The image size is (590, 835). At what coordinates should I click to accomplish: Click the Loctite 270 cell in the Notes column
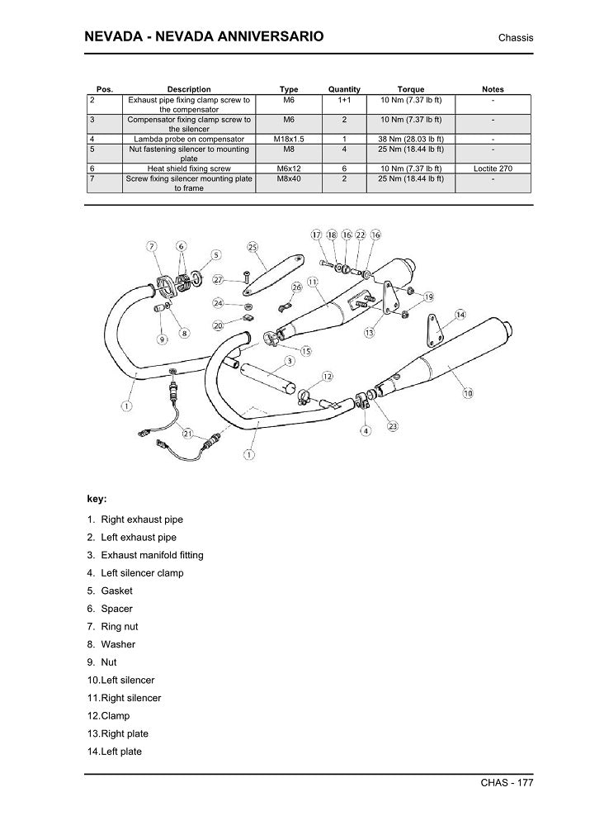pos(493,168)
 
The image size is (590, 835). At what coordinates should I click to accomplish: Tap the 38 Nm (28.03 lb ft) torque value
pos(411,140)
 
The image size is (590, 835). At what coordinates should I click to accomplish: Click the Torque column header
pos(411,89)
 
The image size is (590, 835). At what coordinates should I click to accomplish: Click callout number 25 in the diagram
pos(253,246)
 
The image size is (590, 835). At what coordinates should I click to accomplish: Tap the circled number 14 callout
pos(460,315)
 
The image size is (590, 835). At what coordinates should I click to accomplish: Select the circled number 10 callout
pos(468,393)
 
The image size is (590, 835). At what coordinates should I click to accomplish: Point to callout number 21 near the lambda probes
pos(188,433)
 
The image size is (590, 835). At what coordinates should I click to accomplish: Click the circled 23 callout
pos(393,427)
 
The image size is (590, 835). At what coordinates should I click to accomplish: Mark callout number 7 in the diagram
pos(152,246)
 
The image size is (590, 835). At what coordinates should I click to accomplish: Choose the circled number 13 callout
pos(368,332)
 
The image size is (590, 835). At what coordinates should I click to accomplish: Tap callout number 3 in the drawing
pos(289,361)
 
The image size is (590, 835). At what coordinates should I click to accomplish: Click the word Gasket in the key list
pos(116,591)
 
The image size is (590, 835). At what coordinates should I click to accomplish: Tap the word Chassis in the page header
pos(516,39)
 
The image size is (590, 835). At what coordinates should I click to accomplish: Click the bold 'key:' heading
pos(97,498)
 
